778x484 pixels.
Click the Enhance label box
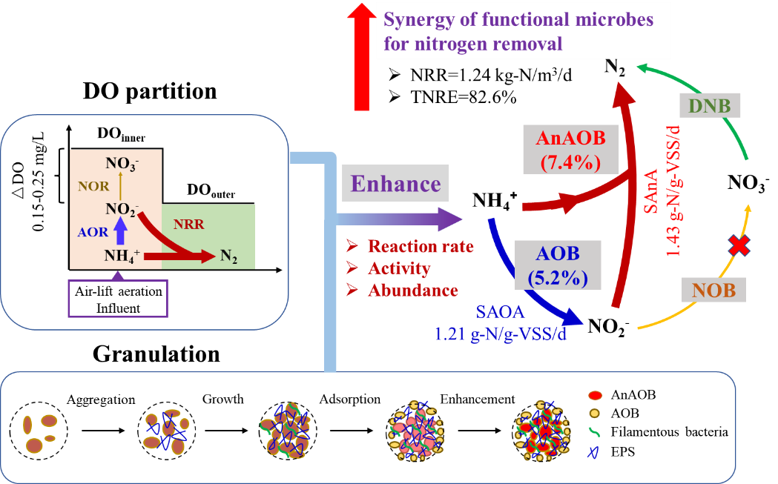[395, 184]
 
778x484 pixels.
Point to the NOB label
[715, 290]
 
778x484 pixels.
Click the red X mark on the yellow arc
[738, 246]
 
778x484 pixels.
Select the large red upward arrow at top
[361, 56]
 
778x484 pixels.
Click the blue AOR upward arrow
[119, 233]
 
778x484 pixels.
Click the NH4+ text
[122, 257]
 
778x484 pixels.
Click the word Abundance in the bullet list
[412, 291]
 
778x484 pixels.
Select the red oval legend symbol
[594, 396]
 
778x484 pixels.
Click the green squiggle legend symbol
[593, 431]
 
